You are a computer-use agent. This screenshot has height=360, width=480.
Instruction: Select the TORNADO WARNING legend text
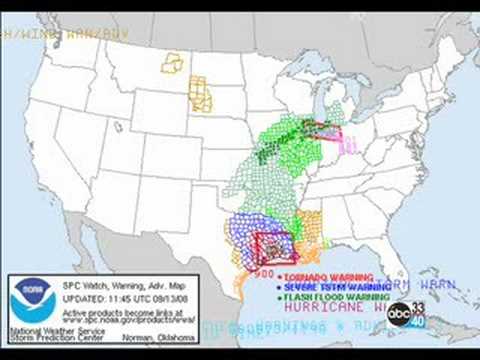[x=327, y=276]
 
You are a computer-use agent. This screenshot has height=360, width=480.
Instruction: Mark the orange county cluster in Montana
[x=173, y=63]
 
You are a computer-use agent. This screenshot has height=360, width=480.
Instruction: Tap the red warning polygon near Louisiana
[x=271, y=246]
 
